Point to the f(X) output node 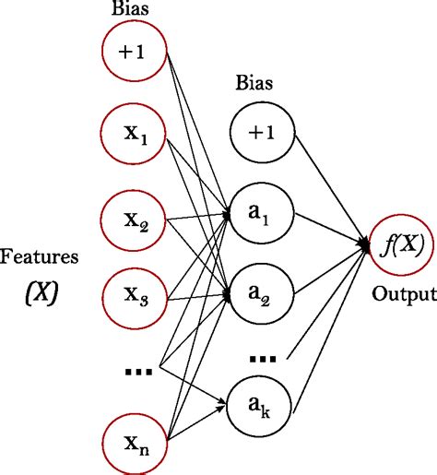point(402,246)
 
